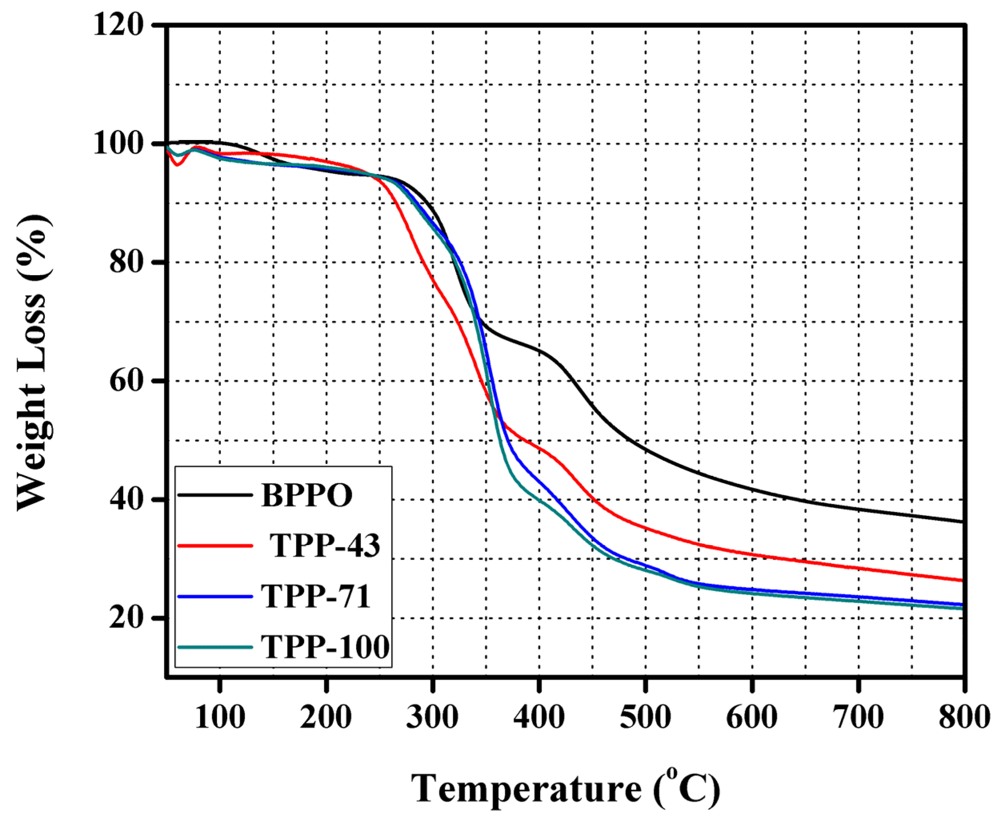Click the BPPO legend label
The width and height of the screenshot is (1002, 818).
point(307,495)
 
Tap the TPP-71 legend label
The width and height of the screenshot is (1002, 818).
point(316,596)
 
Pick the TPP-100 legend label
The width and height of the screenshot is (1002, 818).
point(325,647)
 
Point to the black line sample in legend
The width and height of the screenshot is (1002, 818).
point(215,495)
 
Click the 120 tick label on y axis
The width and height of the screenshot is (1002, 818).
point(118,24)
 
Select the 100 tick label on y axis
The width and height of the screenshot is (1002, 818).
point(118,143)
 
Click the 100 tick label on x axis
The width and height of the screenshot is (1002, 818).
point(220,717)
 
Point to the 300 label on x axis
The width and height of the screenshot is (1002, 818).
point(432,717)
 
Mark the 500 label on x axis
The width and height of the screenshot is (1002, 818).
point(645,717)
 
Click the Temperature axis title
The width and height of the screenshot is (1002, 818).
point(565,789)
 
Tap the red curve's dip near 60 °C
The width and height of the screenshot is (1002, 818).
point(177,164)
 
